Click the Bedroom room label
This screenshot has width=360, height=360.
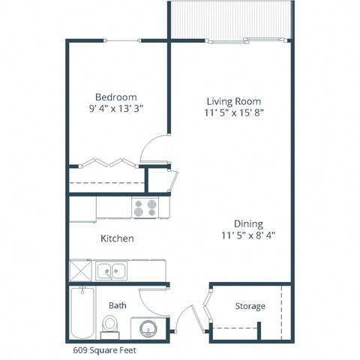(115, 97)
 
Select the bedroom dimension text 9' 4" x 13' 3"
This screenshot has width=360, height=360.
(115, 109)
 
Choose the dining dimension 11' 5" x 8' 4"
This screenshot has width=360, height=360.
(247, 234)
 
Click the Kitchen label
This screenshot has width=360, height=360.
(117, 238)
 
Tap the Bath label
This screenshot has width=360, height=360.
(117, 305)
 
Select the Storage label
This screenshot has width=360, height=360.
(250, 306)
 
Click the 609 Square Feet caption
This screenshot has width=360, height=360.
(103, 349)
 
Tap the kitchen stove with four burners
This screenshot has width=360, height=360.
(144, 206)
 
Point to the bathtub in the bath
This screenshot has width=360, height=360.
(80, 313)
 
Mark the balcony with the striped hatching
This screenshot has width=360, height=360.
(229, 18)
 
